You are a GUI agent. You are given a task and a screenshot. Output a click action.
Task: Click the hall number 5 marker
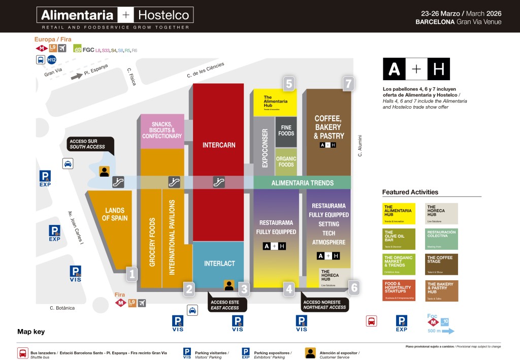pos(289,83)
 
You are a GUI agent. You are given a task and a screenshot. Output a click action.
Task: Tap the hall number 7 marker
pos(348,83)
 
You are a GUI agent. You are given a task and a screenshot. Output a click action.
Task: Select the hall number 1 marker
pos(132,274)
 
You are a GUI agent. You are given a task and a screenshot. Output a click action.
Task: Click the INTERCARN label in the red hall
pos(219,145)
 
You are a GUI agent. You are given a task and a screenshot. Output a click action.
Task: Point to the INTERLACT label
pos(219,264)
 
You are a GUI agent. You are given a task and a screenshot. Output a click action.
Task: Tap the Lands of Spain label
pos(115,214)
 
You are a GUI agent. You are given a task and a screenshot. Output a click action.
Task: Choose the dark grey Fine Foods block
pos(286,130)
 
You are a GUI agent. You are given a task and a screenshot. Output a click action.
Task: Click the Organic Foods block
pos(286,161)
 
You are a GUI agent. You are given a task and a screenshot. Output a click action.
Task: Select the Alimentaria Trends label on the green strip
pos(302,183)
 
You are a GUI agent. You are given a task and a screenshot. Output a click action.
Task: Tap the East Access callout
pos(224,305)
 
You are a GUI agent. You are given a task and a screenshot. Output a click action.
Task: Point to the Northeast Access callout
pos(324,305)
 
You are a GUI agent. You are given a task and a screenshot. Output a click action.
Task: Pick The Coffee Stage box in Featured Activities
pos(441,264)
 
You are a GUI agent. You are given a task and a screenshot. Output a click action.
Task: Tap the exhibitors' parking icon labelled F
pos(401,322)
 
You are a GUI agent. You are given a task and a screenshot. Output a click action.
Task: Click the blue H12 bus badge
pos(52,60)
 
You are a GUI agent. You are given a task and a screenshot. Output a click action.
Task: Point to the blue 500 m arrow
pos(441,331)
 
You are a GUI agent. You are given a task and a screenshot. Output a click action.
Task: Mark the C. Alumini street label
pos(360,146)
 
